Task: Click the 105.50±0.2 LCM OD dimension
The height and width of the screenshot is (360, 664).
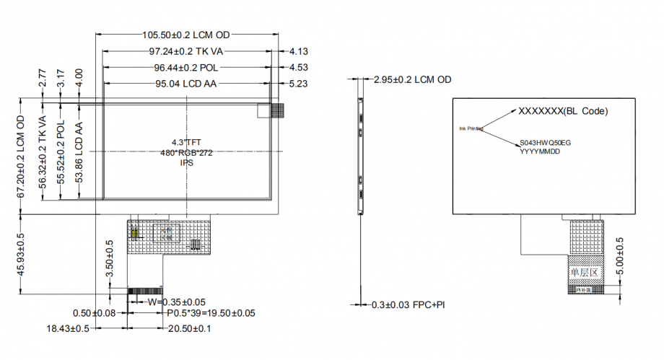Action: [185, 35]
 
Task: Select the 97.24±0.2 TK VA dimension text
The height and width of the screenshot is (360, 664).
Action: [185, 51]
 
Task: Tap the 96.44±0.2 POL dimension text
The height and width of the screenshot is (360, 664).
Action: [185, 67]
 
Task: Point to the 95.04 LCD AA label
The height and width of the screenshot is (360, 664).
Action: [186, 84]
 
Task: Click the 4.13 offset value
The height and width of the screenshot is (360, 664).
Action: [299, 51]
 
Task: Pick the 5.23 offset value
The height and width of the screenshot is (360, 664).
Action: [299, 84]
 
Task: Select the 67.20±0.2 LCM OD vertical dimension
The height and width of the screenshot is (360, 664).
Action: [21, 157]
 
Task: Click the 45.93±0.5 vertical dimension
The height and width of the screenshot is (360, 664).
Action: [21, 254]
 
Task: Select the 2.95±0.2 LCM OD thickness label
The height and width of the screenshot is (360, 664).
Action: [412, 79]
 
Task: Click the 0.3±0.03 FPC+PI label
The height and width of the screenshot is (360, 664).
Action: [407, 305]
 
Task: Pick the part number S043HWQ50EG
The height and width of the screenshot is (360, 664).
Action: [545, 144]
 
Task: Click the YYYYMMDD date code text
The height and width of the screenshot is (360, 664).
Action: [540, 152]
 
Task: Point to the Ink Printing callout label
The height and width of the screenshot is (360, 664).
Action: [471, 128]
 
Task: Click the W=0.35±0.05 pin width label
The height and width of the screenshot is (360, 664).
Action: [176, 301]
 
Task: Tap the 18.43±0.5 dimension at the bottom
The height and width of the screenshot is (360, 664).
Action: [67, 328]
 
